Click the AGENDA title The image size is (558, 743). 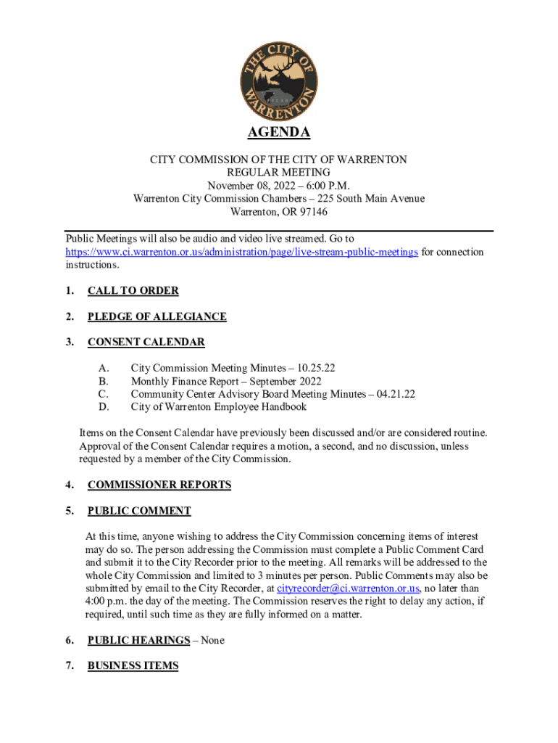279,133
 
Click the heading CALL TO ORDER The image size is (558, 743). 133,291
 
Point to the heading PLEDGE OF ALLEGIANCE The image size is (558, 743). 157,316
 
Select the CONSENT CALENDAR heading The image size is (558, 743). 146,342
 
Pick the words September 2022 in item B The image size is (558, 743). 285,381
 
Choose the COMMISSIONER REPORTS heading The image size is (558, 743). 159,485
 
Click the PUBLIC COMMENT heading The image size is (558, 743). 139,511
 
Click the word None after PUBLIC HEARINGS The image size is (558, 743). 212,640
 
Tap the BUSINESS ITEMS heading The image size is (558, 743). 133,665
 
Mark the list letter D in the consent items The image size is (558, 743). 103,407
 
